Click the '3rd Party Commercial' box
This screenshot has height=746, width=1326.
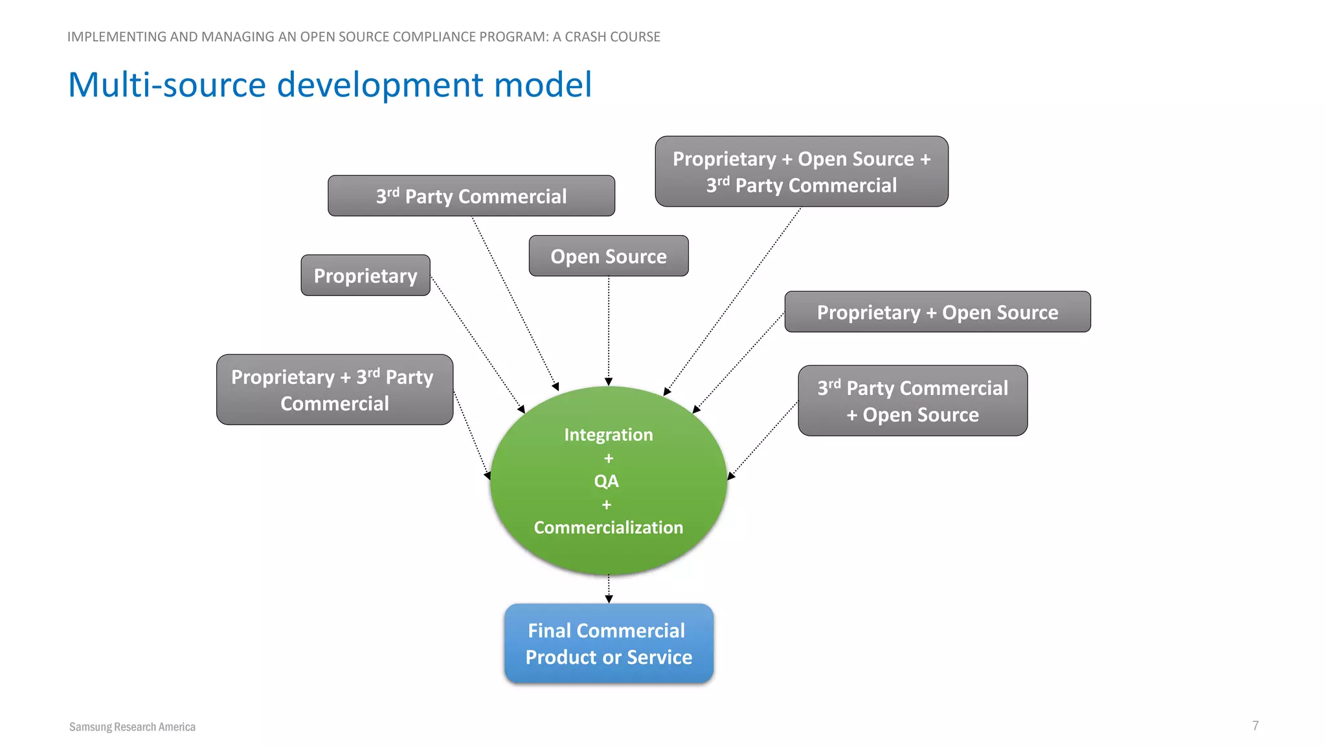coord(471,196)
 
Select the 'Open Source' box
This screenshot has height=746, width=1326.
coord(608,256)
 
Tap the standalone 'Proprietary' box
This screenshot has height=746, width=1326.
coord(365,276)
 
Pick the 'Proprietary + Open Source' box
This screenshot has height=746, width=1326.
coord(937,312)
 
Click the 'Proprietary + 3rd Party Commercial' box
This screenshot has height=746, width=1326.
coord(334,390)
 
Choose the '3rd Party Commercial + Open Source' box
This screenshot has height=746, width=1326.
coord(912,401)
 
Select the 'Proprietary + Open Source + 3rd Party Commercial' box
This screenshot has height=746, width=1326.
coord(801,172)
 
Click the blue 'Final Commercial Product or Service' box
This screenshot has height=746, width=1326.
coord(609,644)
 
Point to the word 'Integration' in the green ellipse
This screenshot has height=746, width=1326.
coord(608,435)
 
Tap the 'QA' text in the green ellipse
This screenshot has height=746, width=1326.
coord(607,481)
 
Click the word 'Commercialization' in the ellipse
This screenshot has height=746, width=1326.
coord(608,528)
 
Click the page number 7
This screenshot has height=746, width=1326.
coord(1255,726)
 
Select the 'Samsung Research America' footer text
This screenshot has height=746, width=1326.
coord(132,727)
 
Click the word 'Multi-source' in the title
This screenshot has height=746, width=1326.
coord(167,85)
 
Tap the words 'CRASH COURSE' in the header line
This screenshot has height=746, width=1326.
coord(612,37)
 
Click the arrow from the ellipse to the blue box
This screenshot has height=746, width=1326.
coord(609,589)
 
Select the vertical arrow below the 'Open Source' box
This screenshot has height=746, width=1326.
coord(609,330)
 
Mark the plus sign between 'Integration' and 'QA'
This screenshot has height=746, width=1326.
coord(608,458)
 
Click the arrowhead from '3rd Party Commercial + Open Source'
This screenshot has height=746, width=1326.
coord(731,476)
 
